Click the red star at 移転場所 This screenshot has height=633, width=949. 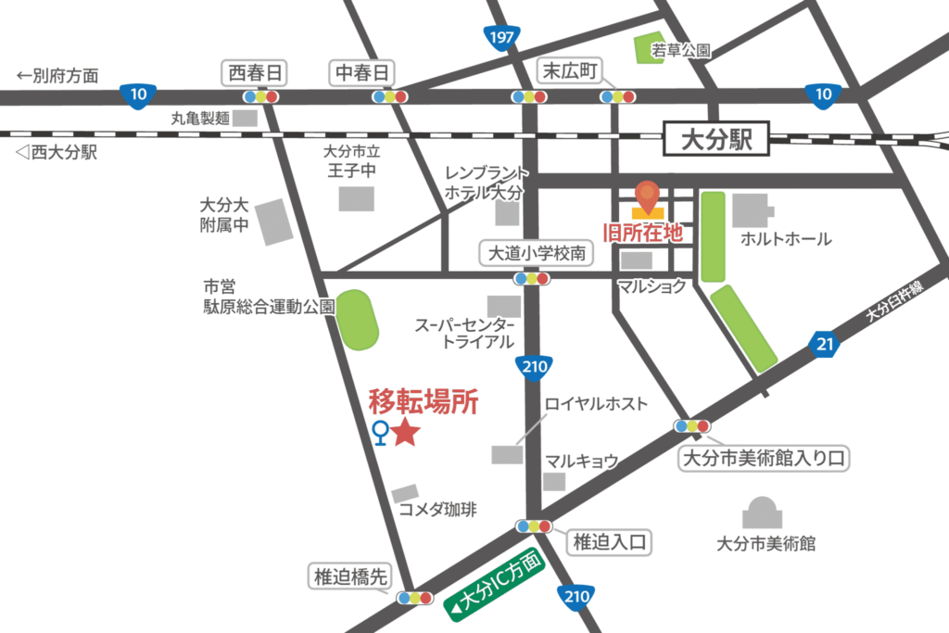point(405,432)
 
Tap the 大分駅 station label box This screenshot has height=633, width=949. point(714,141)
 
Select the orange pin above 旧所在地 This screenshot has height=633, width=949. point(647,196)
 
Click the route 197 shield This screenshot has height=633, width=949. point(500,37)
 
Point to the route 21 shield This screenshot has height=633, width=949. point(826,346)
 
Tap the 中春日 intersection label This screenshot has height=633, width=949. point(363,72)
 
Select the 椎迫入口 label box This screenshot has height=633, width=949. point(609,542)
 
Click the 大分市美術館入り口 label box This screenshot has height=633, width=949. point(764,458)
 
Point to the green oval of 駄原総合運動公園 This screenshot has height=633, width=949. point(358,321)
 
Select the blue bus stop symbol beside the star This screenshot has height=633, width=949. point(379,432)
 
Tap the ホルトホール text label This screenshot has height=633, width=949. point(785,240)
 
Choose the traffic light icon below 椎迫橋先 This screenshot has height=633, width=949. point(414,598)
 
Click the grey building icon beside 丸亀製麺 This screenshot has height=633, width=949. point(245,118)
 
